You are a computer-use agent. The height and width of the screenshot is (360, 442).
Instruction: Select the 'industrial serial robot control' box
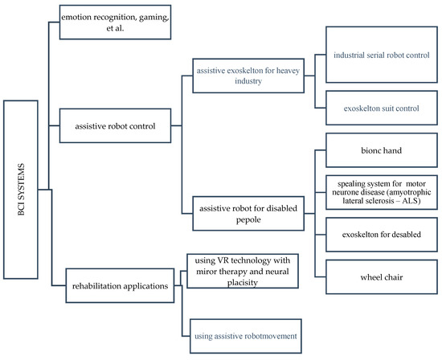379,56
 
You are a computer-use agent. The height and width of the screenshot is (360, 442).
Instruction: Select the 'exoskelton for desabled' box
379,239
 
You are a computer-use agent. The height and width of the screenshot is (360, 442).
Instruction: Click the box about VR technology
244,271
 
